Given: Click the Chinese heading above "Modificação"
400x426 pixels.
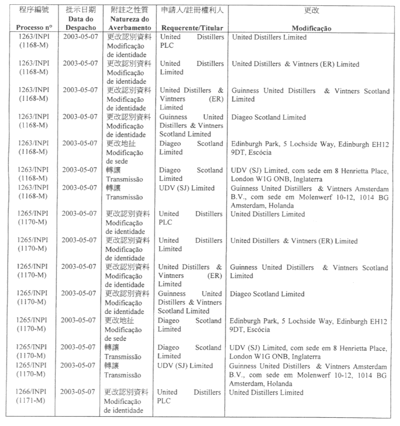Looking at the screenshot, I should point(312,10).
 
